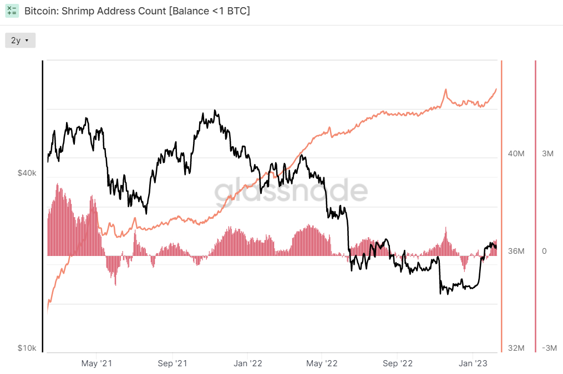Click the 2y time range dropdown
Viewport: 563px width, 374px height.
pos(20,40)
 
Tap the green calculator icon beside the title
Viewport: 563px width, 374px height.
pos(12,11)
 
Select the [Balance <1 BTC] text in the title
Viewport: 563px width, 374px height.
pos(209,11)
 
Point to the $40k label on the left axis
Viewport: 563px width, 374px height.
pos(27,173)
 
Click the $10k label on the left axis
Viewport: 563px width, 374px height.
pos(27,348)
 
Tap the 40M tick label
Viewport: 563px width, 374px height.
pos(516,154)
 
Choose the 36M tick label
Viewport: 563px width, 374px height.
pos(516,251)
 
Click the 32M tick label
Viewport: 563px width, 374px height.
pos(516,348)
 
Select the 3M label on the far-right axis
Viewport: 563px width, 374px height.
pos(547,154)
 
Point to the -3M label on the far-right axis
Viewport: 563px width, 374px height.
pos(549,348)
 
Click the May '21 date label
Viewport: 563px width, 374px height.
pos(97,363)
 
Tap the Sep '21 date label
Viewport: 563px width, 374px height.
pos(173,363)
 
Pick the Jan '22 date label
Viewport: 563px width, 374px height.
pos(248,363)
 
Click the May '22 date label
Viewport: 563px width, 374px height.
pos(322,363)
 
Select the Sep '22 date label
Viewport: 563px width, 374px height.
pos(398,363)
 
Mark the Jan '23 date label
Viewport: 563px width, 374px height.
pos(473,363)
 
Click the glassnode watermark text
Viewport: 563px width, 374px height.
pos(291,191)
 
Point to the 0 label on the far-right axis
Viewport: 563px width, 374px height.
pos(544,251)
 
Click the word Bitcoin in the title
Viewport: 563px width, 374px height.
pos(40,11)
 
